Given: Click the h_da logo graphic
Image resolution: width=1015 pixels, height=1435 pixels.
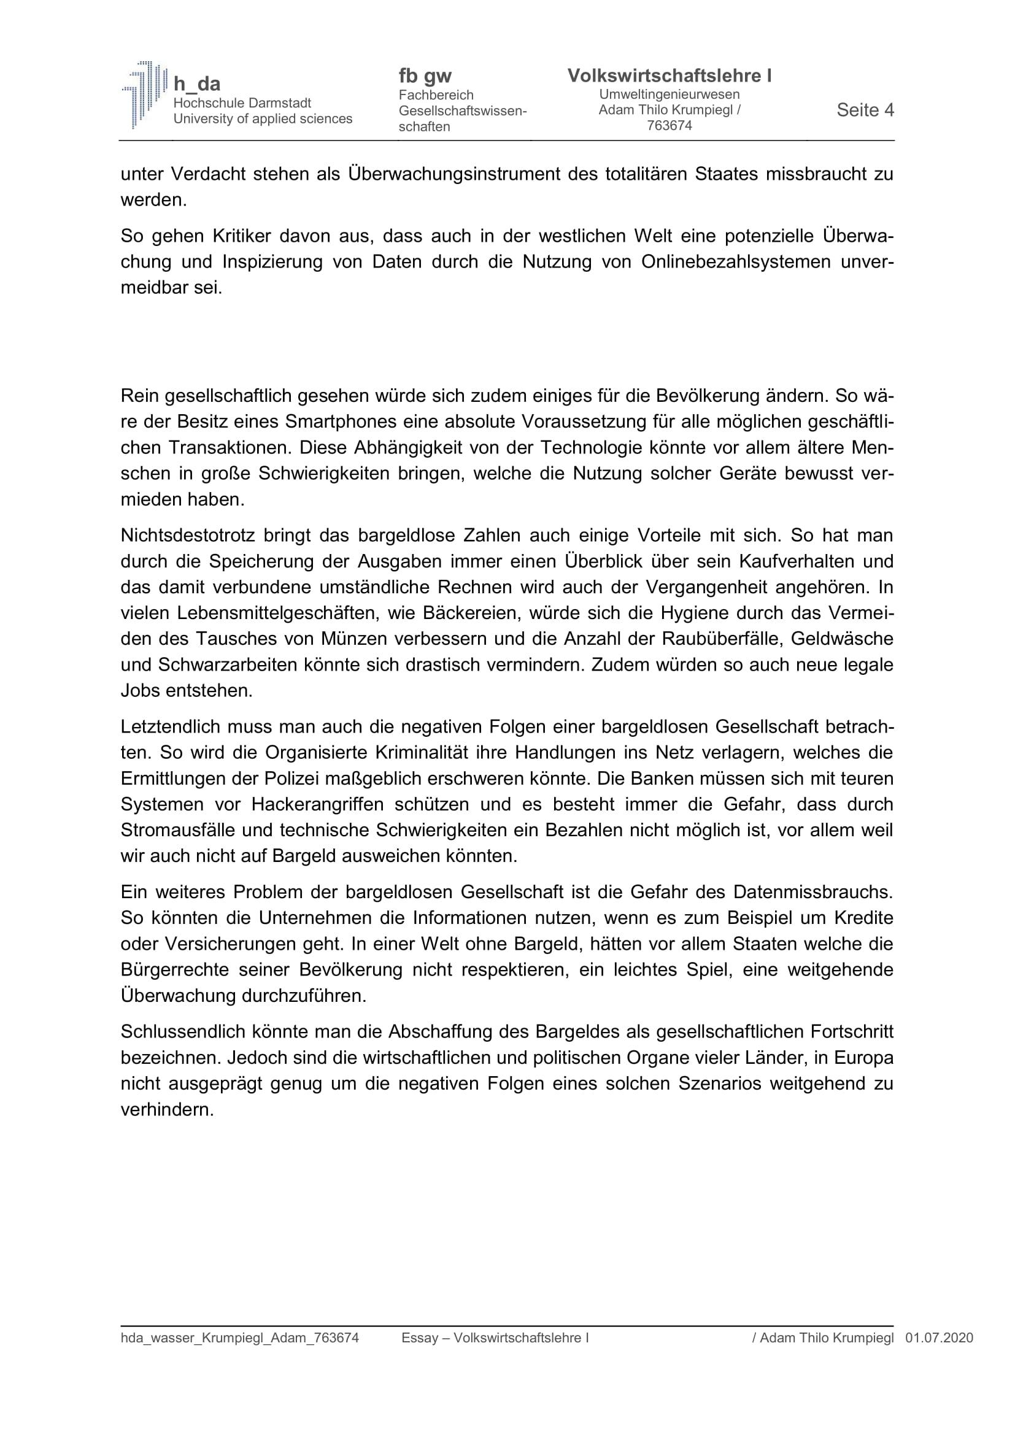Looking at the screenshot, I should [x=144, y=94].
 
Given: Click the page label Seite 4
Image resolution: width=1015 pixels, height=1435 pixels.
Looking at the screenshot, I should [x=865, y=110].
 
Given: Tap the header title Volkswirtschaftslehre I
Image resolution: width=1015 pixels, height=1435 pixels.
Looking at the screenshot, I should [x=669, y=75].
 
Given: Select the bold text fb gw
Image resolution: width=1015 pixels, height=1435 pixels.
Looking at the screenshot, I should [x=425, y=76].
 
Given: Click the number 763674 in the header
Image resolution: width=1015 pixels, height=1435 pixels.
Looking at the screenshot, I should [x=670, y=126].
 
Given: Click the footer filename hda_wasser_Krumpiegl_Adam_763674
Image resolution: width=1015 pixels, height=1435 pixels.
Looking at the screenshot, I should [x=239, y=1338].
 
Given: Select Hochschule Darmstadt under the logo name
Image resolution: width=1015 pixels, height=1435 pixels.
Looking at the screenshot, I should [x=242, y=103].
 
